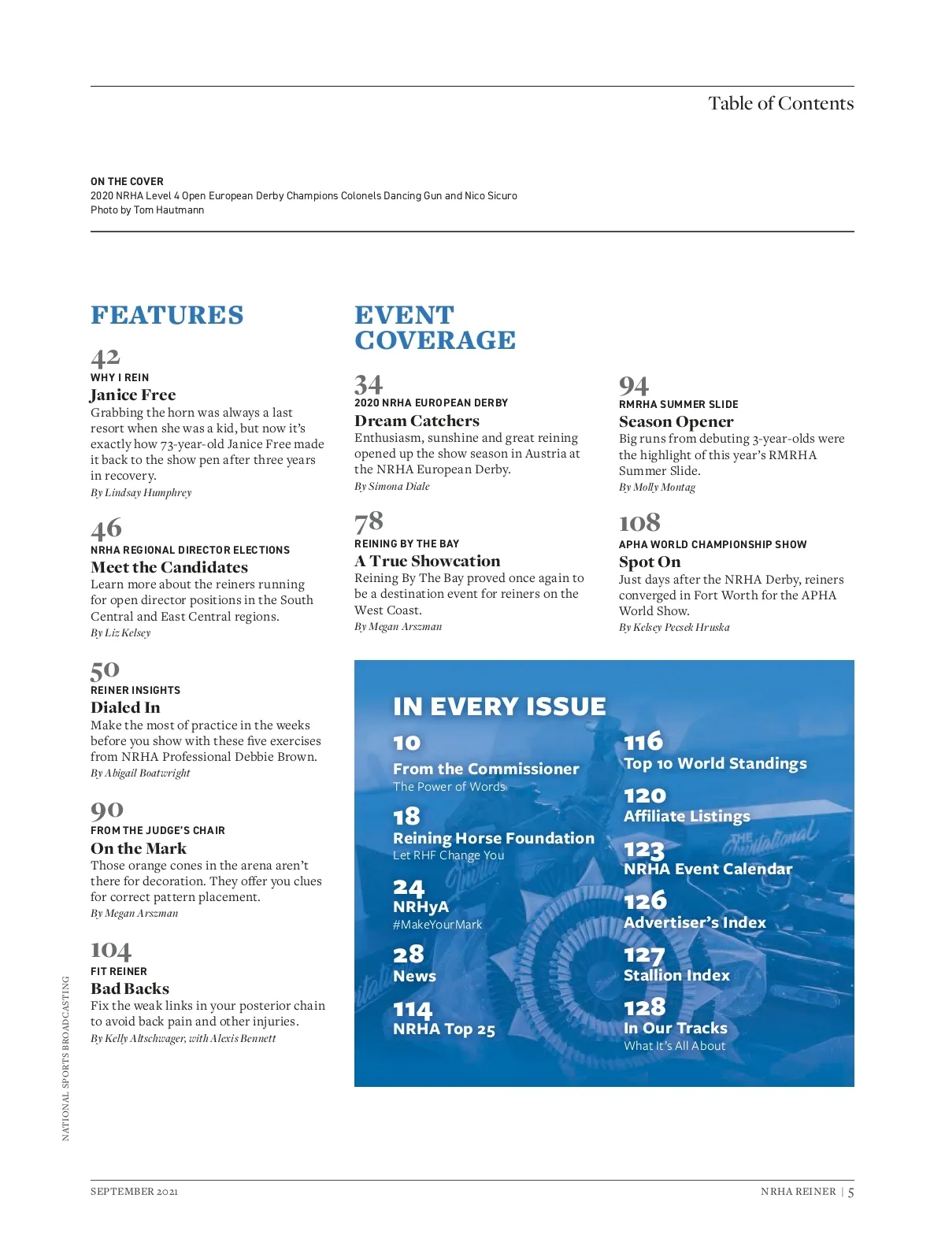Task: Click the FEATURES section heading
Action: click(167, 315)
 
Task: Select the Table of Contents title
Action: click(780, 103)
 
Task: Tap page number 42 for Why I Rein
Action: click(106, 358)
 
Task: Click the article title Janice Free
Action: click(133, 395)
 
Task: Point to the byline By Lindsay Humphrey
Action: click(141, 492)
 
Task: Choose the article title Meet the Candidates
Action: click(169, 567)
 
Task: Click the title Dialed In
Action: click(125, 707)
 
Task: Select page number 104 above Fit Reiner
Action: click(111, 951)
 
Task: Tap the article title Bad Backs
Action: click(130, 988)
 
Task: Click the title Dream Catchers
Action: click(417, 421)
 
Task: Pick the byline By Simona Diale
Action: click(392, 486)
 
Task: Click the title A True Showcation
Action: click(427, 561)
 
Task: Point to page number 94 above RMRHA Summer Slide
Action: click(634, 386)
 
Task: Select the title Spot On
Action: click(650, 562)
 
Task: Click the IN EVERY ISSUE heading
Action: click(499, 706)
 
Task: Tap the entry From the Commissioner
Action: click(486, 769)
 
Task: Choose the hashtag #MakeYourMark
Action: click(437, 925)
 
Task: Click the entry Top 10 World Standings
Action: click(715, 763)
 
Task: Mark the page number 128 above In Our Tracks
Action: click(644, 1007)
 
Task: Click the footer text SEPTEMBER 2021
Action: click(134, 1191)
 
